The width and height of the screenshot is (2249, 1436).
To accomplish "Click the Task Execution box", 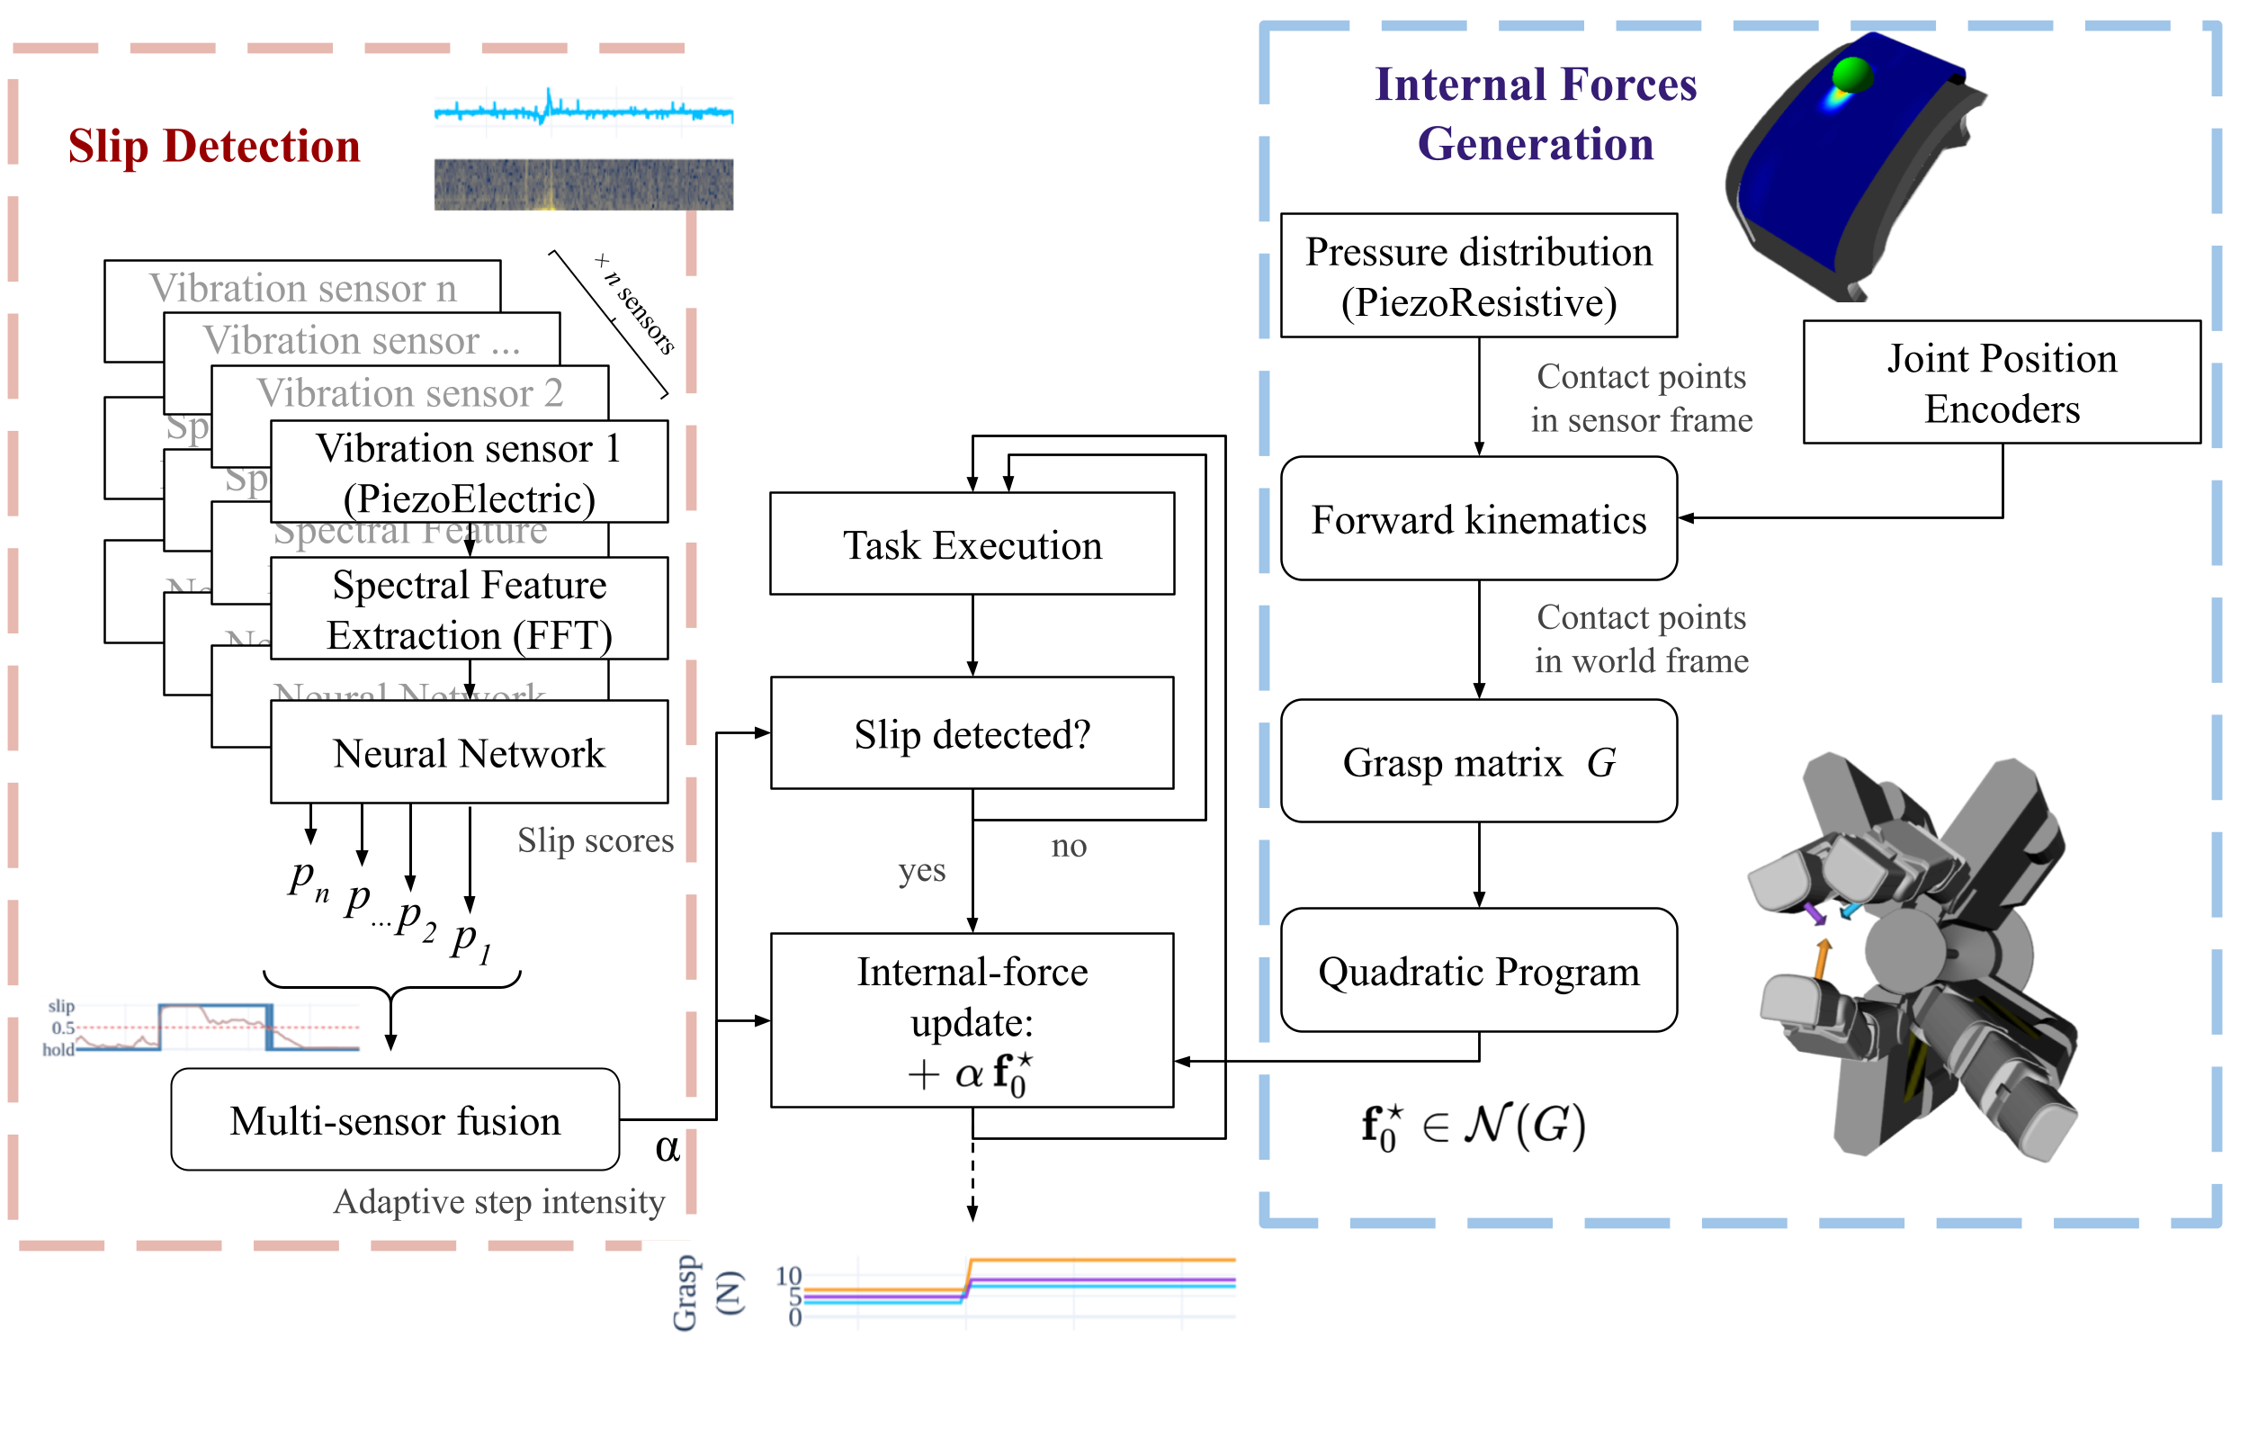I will click(x=972, y=543).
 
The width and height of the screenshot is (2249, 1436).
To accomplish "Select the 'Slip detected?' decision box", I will click(x=972, y=733).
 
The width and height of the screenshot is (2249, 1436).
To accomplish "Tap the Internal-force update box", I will click(x=972, y=1020).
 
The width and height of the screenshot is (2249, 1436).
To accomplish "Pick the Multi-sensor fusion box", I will click(x=395, y=1119).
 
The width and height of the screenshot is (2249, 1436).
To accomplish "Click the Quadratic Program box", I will click(x=1478, y=971).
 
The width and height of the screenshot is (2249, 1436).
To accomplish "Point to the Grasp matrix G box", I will click(x=1478, y=761).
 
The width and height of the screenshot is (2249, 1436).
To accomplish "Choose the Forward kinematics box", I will click(x=1478, y=518).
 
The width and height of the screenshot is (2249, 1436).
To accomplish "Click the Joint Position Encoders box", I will click(x=2002, y=382).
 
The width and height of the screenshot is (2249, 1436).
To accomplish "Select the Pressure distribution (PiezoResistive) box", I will click(x=1478, y=275).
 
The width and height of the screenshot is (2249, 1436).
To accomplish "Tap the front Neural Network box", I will click(x=469, y=752).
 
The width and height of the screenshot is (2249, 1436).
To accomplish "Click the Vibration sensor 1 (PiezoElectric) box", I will click(x=469, y=471).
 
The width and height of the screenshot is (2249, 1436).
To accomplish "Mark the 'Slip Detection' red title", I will click(x=214, y=146).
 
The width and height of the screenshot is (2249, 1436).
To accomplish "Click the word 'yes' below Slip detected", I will click(x=922, y=870).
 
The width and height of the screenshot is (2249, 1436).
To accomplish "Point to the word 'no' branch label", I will click(x=1069, y=846).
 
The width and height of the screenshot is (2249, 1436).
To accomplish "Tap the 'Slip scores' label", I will click(x=595, y=840).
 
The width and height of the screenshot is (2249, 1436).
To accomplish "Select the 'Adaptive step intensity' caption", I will click(x=498, y=1201).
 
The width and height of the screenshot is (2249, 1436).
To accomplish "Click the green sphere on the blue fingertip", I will click(x=1851, y=75).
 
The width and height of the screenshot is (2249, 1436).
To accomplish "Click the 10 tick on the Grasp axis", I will click(x=788, y=1275).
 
